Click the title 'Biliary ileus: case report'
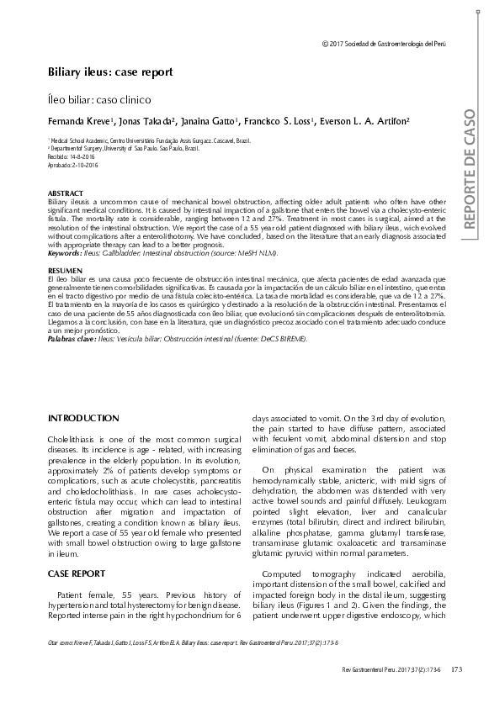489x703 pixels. click(x=109, y=71)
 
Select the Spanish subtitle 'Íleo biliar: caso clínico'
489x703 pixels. click(x=102, y=99)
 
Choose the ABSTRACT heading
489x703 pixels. click(x=66, y=193)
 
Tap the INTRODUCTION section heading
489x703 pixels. click(x=83, y=418)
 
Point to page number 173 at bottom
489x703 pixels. click(x=457, y=669)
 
